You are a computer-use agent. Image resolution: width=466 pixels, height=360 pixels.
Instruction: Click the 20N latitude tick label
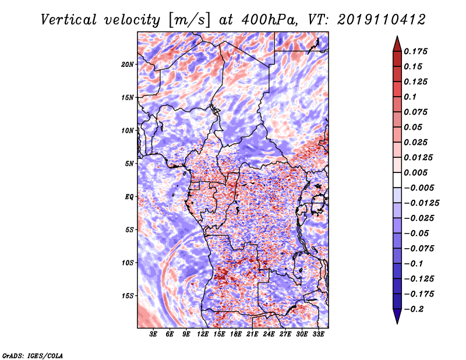[x=128, y=65]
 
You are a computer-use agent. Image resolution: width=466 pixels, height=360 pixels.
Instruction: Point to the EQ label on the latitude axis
[x=129, y=197]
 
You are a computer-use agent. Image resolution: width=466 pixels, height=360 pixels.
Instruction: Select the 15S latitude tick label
[x=128, y=296]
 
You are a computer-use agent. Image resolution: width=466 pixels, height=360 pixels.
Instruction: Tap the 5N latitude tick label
[x=129, y=164]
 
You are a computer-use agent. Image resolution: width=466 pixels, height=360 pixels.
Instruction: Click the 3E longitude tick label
[x=153, y=334]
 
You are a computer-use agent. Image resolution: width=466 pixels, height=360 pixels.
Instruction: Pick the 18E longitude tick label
[x=236, y=334]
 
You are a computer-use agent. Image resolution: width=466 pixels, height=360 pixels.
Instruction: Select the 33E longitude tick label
[x=318, y=334]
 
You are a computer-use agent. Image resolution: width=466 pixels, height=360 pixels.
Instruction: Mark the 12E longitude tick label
[x=203, y=334]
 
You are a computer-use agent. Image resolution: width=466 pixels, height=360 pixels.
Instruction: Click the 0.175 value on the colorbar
[x=415, y=51]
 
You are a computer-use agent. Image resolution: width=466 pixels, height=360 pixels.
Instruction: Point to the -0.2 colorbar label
[x=414, y=309]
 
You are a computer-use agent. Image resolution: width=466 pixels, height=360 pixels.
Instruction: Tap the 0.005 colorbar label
[x=415, y=172]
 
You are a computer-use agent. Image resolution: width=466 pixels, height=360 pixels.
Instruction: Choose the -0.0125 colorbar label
[x=421, y=203]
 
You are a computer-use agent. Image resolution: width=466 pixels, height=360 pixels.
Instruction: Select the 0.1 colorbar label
[x=410, y=97]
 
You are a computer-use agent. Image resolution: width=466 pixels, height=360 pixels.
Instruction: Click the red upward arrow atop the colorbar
[x=397, y=44]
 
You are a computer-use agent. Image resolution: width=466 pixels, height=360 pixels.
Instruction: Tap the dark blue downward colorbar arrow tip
[x=397, y=323]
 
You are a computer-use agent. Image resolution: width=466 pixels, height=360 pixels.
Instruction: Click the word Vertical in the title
[x=69, y=20]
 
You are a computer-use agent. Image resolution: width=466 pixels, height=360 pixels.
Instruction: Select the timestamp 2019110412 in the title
[x=382, y=20]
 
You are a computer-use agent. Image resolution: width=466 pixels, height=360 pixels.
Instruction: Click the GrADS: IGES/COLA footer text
[x=33, y=356]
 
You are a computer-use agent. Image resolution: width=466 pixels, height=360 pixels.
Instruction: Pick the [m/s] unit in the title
[x=189, y=20]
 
